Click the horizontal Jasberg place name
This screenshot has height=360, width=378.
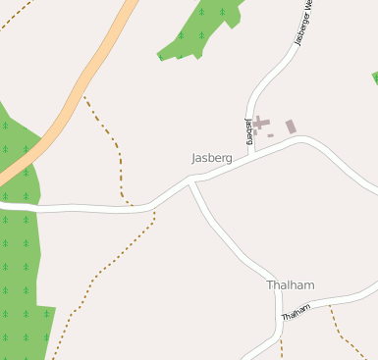click(x=211, y=157)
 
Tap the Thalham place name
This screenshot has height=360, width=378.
click(x=291, y=285)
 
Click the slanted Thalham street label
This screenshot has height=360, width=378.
click(x=296, y=312)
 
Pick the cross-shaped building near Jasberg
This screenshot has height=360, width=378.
click(x=260, y=123)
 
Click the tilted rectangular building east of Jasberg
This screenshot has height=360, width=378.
click(x=291, y=127)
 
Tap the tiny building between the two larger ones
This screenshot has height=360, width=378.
click(x=271, y=135)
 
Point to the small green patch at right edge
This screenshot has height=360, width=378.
click(x=374, y=77)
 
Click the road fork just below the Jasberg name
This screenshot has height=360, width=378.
click(x=192, y=180)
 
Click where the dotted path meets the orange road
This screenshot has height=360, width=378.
click(x=84, y=95)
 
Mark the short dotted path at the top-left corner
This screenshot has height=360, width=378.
click(x=14, y=15)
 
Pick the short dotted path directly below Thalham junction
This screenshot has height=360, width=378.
click(x=281, y=349)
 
